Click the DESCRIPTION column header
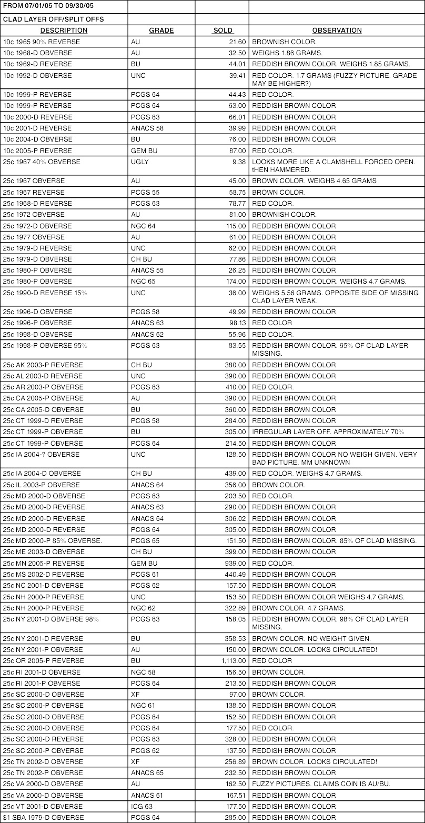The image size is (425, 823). (x=64, y=31)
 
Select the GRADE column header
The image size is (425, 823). (x=161, y=31)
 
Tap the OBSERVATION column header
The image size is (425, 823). (x=337, y=31)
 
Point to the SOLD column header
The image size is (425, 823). (x=222, y=31)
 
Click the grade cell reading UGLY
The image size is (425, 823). (x=140, y=162)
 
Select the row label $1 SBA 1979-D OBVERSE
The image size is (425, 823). (x=43, y=818)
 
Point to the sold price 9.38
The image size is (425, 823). (x=238, y=162)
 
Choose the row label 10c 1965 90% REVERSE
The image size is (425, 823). (x=42, y=42)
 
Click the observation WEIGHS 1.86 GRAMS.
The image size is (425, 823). (x=287, y=53)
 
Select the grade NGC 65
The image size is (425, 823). (x=143, y=282)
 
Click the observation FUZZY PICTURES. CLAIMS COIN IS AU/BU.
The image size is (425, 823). (x=321, y=784)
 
